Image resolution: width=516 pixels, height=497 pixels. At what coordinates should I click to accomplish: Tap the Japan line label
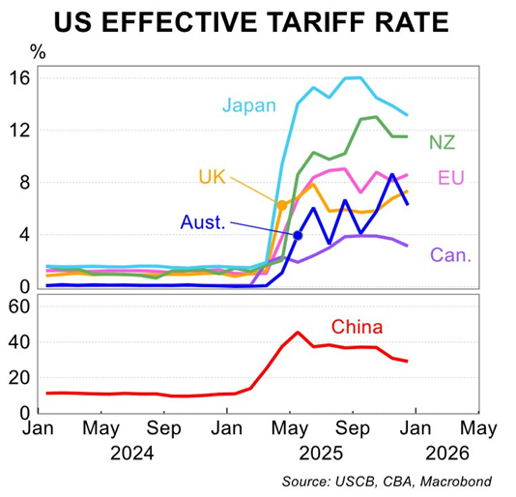click(250, 105)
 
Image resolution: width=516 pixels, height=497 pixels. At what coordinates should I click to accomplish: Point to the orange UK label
click(213, 176)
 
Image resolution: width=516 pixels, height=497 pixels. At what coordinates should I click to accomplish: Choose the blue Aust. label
click(203, 221)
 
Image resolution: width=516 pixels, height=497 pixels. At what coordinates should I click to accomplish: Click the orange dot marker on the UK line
click(282, 205)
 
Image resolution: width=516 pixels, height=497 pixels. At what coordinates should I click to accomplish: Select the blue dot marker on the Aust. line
click(298, 235)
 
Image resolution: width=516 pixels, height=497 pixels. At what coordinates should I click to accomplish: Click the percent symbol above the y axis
click(37, 51)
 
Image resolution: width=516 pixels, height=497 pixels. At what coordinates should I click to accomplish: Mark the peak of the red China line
click(298, 333)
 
